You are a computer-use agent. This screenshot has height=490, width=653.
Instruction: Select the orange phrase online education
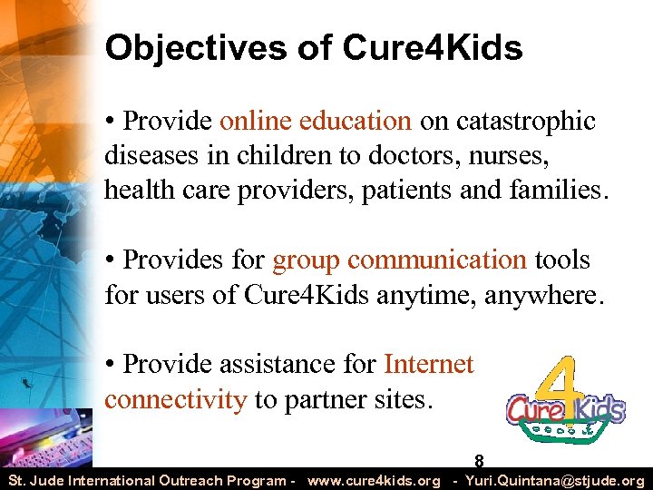coord(316,121)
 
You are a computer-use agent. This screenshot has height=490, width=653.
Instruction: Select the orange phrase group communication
coord(399,260)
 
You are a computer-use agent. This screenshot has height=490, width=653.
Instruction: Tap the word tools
coord(560,260)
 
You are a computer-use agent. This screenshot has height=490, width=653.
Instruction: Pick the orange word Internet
coord(429,364)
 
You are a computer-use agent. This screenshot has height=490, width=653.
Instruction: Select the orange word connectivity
coord(175,399)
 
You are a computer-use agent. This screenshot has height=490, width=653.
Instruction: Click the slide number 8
coord(479,462)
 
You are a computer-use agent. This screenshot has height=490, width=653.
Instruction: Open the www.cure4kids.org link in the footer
coord(374,480)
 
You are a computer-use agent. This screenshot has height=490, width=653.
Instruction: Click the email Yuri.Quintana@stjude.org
coord(554,480)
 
